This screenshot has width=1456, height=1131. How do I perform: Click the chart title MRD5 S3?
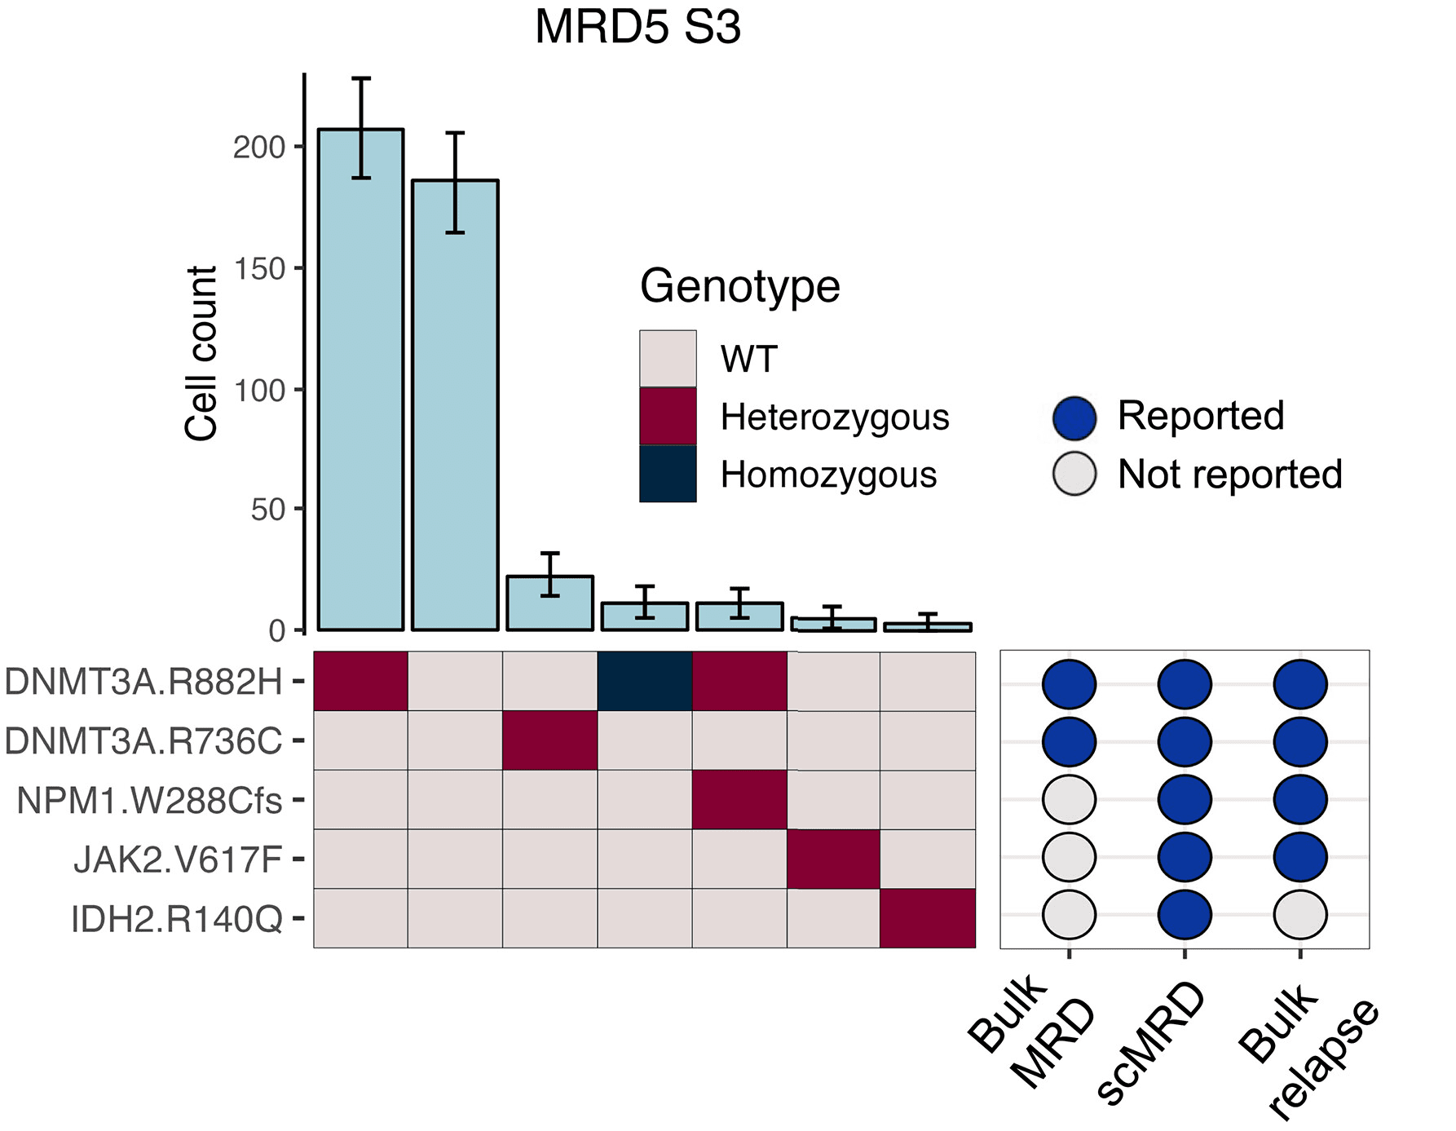(x=638, y=28)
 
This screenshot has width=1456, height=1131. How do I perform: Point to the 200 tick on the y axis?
(x=259, y=148)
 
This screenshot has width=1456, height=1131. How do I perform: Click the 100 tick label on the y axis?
(x=259, y=391)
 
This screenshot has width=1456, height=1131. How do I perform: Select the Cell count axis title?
(x=201, y=352)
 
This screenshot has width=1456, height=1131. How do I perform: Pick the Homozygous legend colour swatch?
(x=668, y=474)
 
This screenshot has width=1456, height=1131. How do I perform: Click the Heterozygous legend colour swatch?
(x=668, y=416)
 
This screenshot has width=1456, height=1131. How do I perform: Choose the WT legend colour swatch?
(x=668, y=359)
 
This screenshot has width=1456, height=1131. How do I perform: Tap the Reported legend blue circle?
(x=1074, y=417)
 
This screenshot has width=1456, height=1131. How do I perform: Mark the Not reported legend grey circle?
(x=1074, y=474)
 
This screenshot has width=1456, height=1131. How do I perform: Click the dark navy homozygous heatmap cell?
(x=645, y=682)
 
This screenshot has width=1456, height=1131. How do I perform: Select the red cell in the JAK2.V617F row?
(x=833, y=859)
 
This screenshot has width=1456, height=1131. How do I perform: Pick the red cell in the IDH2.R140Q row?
(x=928, y=918)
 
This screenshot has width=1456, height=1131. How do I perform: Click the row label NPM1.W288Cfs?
(x=149, y=801)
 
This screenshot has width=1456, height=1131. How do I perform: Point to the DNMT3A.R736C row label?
(x=143, y=741)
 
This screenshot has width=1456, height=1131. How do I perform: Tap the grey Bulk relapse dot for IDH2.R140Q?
(x=1300, y=915)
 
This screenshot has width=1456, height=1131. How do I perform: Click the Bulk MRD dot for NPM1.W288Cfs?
(x=1069, y=799)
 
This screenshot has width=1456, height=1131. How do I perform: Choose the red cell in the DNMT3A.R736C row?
(x=550, y=740)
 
